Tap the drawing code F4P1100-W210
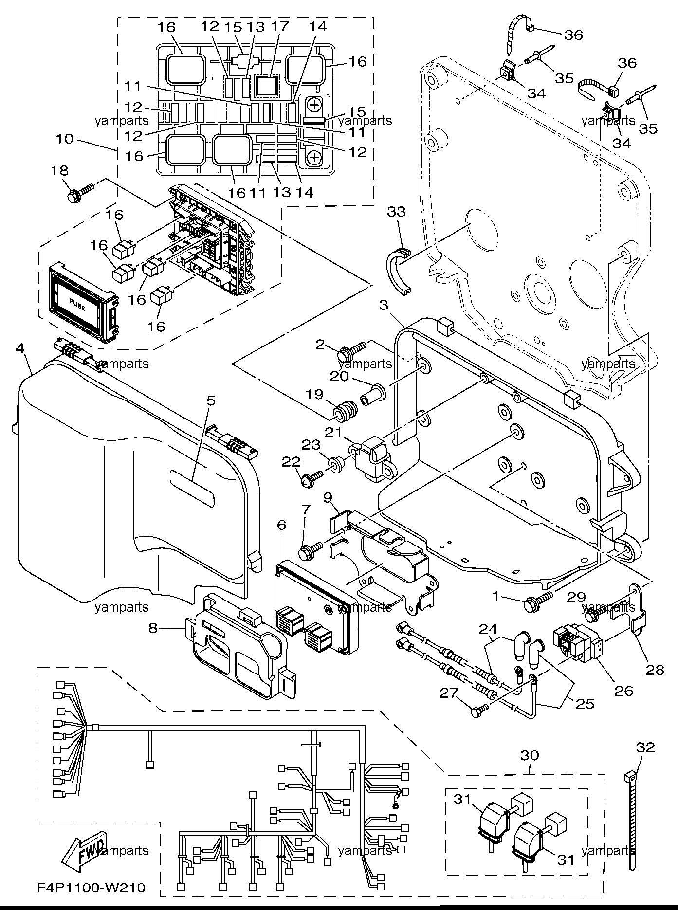91,888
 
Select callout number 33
397,212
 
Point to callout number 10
64,139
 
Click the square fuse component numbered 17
266,86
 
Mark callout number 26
624,691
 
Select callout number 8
153,628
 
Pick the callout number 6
281,525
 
